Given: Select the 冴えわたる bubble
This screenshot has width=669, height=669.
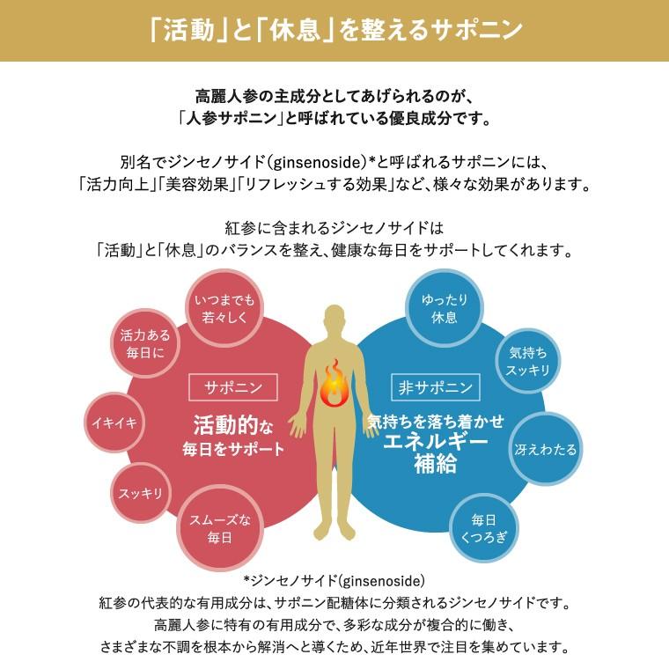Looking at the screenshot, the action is pos(546,450).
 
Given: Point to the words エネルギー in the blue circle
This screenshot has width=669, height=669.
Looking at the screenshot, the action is pos(437,442).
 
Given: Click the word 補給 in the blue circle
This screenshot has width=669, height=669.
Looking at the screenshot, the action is pos(436,464).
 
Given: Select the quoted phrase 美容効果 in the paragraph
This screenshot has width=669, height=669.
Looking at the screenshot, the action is pos(194,186).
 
